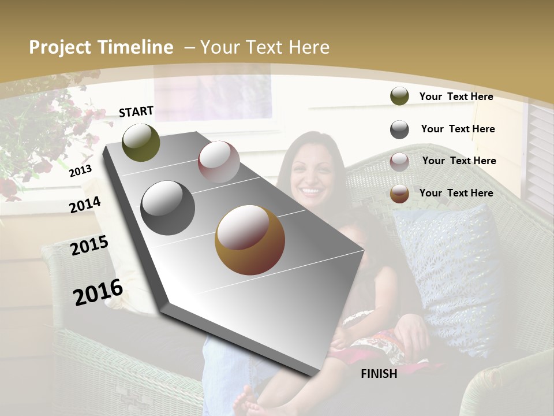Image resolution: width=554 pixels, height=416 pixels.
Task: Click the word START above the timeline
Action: (x=136, y=112)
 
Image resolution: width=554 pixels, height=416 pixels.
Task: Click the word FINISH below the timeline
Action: (x=379, y=374)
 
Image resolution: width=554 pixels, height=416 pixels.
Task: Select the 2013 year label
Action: (x=80, y=170)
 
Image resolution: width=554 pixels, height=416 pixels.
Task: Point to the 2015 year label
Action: (x=89, y=246)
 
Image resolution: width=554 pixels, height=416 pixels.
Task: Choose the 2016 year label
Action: (x=98, y=292)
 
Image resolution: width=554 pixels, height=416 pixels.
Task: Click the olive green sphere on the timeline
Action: (x=141, y=142)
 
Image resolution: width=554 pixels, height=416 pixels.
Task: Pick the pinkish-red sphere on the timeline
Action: (x=219, y=162)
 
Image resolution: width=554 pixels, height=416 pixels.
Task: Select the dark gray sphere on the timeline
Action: (x=168, y=208)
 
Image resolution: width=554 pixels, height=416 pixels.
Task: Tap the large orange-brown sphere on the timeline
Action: (x=250, y=240)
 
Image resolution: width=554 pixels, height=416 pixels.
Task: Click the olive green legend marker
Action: (x=399, y=96)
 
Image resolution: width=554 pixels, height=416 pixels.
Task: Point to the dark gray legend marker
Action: (x=399, y=129)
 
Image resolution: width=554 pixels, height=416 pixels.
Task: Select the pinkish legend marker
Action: (x=399, y=162)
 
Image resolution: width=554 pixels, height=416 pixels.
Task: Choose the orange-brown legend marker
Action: (x=399, y=194)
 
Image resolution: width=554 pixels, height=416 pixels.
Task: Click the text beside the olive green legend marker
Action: (x=456, y=96)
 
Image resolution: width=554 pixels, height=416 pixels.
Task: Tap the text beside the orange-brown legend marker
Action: (x=456, y=193)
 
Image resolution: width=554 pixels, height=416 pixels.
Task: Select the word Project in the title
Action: (x=58, y=47)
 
